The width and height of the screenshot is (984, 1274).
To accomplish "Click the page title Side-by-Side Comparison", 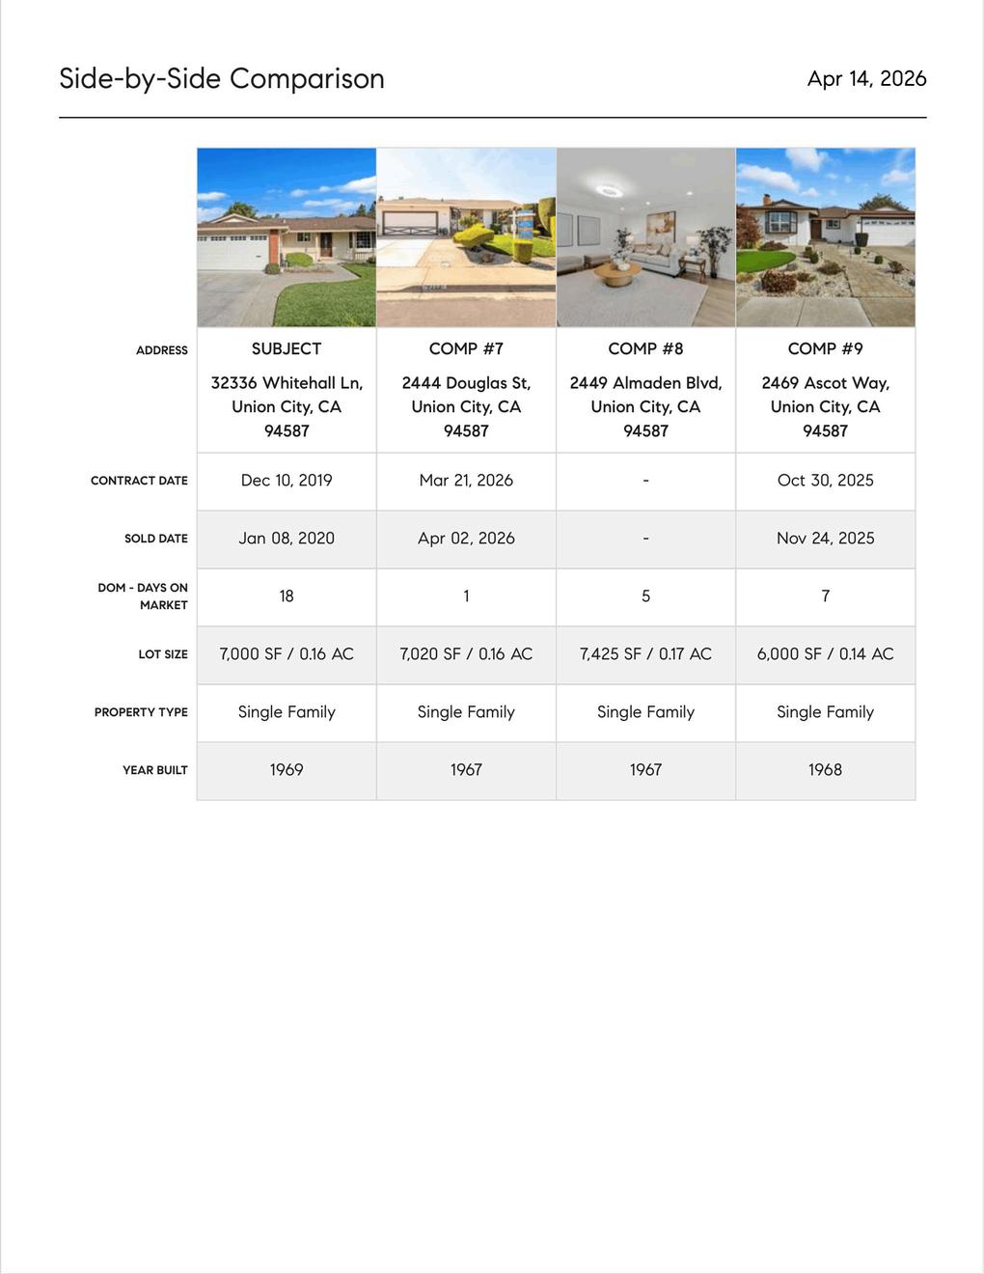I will [x=222, y=78].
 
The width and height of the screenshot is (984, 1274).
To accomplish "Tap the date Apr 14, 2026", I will [x=866, y=78].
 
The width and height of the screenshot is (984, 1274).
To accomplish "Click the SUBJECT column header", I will [x=287, y=348].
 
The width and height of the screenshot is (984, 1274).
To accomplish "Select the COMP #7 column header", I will [x=466, y=348].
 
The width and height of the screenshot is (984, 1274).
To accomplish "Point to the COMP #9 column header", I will [x=825, y=348].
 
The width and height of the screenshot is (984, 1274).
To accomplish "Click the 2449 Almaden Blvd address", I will [x=645, y=406].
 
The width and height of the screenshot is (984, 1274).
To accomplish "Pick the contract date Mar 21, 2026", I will [x=466, y=481].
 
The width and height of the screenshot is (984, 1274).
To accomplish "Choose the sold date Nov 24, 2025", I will [x=825, y=539].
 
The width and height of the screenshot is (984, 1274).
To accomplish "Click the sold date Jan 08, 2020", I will [x=287, y=539].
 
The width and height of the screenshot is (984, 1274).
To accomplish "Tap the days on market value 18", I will [x=287, y=596].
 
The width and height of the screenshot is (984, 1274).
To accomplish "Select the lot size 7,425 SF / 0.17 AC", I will [x=645, y=654].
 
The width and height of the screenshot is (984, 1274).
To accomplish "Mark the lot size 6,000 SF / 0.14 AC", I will [x=825, y=654].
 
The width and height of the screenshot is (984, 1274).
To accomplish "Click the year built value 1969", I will [x=287, y=770].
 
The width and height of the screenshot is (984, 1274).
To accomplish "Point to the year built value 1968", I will [x=825, y=770].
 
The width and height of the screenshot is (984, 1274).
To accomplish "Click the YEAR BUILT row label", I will [x=155, y=770].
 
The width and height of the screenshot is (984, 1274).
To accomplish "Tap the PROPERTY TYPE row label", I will [x=141, y=712].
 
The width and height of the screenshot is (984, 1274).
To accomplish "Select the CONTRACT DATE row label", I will [x=139, y=481].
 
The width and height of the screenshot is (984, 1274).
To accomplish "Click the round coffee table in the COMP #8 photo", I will [x=616, y=274].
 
